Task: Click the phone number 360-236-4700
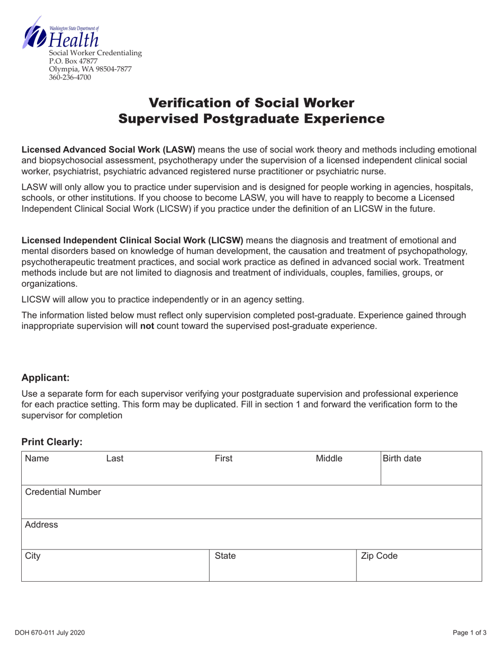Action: tap(70, 77)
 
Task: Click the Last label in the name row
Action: tap(115, 459)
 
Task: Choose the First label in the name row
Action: tap(223, 459)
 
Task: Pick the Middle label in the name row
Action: tap(329, 459)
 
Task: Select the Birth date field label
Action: tap(402, 459)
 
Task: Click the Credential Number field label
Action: tap(63, 492)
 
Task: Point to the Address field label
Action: tap(41, 525)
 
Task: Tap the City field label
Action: tap(33, 556)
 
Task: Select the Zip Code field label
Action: tap(379, 556)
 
